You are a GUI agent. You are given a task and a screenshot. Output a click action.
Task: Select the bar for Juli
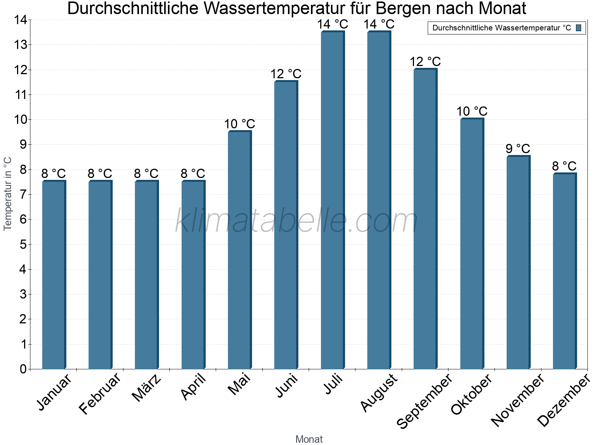coord(332,200)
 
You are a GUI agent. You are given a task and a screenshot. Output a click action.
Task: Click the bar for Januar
coord(54,275)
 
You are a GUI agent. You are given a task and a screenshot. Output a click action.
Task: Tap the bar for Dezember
coord(564,271)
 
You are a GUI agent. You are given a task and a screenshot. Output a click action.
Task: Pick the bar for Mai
coord(239,250)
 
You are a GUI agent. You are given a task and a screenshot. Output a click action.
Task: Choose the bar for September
coord(425,219)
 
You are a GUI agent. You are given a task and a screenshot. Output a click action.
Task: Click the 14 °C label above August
coord(379,24)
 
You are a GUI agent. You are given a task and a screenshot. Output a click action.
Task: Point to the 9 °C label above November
coord(518,149)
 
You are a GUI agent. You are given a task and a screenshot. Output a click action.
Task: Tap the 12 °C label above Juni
coord(286,74)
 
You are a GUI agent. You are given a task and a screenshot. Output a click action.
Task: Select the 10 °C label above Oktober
coord(471,111)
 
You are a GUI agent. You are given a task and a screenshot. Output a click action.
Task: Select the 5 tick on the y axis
coord(23,244)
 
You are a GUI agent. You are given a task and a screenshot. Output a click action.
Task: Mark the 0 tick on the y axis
coord(23,369)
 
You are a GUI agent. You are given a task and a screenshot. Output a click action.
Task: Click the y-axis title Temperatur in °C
coord(8,194)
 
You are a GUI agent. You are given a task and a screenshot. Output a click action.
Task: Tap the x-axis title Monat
coord(309,439)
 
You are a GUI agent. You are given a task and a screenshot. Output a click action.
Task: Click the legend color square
coord(579,28)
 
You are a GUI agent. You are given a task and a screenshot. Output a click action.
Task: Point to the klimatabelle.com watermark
coord(296,221)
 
